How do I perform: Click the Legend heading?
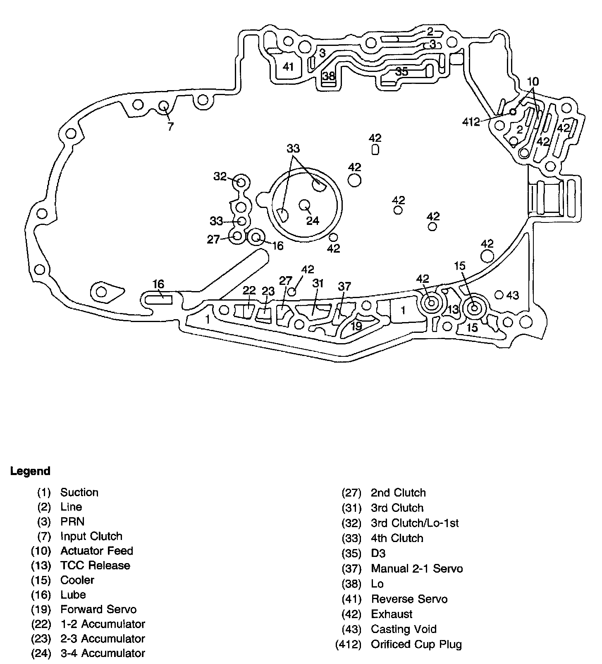point(30,471)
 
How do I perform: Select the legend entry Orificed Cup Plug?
point(416,644)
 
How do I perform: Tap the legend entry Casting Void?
point(404,629)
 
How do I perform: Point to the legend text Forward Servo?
point(98,609)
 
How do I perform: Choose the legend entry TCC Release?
point(95,565)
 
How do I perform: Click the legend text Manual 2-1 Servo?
point(417,568)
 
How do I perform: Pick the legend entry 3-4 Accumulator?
point(103,653)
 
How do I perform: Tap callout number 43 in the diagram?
point(512,295)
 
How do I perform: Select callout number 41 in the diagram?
point(288,67)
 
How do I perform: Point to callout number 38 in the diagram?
point(329,76)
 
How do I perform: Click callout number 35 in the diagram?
point(401,72)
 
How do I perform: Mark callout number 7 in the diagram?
point(170,127)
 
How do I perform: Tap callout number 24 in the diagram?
point(313,221)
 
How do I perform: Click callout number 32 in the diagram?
point(220,177)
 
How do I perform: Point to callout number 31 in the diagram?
point(318,283)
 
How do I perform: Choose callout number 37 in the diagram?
point(344,286)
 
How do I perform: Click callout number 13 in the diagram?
point(453,309)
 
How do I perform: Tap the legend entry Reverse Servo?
point(409,599)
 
